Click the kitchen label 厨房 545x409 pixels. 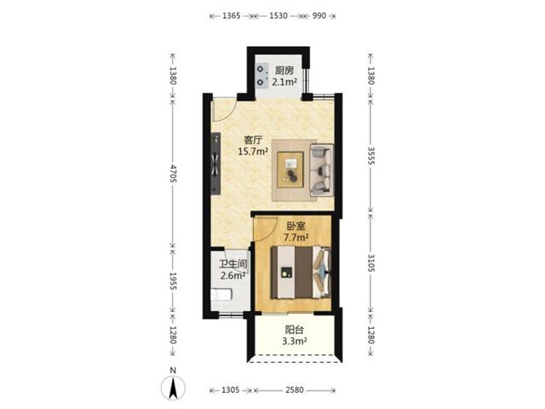(284, 71)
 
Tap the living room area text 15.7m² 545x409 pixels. (253, 152)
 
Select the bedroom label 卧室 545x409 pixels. (296, 227)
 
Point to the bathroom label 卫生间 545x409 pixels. (233, 263)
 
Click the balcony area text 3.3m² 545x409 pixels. (295, 341)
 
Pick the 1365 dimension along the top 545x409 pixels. (231, 15)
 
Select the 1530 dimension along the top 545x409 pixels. (278, 15)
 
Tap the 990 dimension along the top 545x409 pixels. (319, 15)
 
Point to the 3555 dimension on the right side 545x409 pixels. (371, 156)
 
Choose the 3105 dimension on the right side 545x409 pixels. (371, 263)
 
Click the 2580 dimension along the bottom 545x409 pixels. (295, 390)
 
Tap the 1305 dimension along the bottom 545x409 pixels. (231, 390)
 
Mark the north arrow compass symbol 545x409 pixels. (173, 385)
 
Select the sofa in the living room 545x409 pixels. (322, 170)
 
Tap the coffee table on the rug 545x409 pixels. (290, 170)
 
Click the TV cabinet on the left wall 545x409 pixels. (215, 163)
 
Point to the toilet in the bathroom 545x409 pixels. (221, 294)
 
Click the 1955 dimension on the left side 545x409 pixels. (173, 281)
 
